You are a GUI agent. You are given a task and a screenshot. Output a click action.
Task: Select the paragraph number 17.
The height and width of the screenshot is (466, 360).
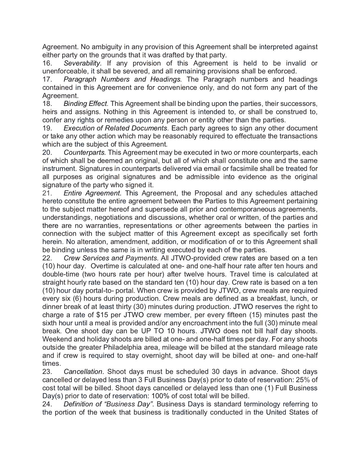[x=47, y=79]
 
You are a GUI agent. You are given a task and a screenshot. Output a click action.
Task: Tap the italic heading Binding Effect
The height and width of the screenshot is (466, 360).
[x=86, y=104]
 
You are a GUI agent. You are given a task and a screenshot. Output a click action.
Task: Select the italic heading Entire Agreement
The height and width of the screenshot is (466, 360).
[x=93, y=193]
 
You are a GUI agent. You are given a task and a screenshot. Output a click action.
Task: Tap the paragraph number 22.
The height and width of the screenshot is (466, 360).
[x=47, y=258]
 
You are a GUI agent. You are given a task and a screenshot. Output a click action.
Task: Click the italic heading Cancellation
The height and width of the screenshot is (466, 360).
[x=83, y=372]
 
